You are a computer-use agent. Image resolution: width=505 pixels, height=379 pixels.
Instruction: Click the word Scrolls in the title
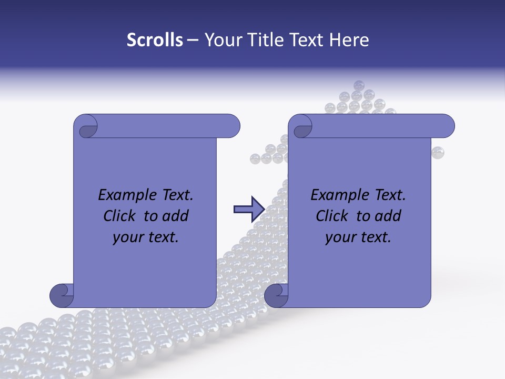155,39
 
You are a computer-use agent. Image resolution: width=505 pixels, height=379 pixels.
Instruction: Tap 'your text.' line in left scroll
146,237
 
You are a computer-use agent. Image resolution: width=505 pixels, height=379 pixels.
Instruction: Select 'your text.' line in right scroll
358,237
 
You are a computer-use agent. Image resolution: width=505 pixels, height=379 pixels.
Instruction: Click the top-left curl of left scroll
86,127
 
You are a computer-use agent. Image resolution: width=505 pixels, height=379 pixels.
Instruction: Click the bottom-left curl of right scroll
276,295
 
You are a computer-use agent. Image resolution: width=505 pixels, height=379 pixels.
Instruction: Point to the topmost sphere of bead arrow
359,85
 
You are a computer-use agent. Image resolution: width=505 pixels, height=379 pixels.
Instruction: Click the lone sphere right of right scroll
438,153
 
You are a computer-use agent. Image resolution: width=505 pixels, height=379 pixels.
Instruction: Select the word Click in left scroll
119,216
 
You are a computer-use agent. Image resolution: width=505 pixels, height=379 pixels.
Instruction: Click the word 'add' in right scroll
388,216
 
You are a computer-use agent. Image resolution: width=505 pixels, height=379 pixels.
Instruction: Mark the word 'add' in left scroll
176,216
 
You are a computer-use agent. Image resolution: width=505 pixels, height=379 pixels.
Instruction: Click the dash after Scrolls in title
193,39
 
